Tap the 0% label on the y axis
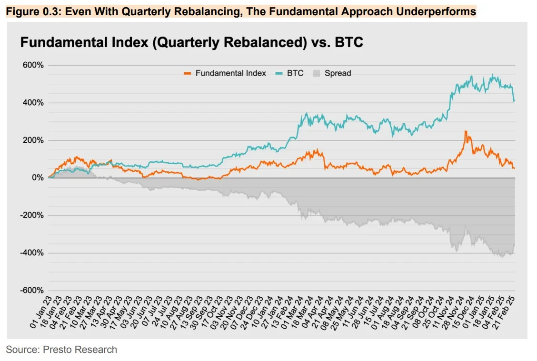(38, 178)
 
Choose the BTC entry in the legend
(295, 73)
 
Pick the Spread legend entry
(338, 73)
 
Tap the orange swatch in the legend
(188, 73)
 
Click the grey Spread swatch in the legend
(317, 73)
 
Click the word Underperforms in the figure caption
(439, 11)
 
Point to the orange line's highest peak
(465, 131)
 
